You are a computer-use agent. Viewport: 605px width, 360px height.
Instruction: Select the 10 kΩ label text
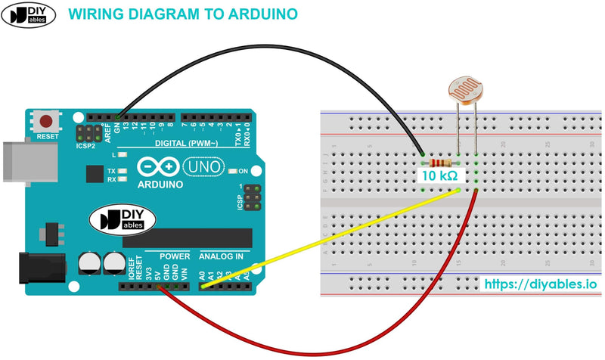coord(439,175)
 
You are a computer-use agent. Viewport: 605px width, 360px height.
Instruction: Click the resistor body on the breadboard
coord(439,163)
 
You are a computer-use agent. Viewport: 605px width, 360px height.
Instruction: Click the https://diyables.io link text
coord(540,284)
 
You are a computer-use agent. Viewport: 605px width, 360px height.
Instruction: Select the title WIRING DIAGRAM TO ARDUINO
coord(182,14)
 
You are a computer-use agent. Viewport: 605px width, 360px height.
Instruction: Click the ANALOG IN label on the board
coord(221,256)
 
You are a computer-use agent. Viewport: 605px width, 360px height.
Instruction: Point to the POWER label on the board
coord(175,256)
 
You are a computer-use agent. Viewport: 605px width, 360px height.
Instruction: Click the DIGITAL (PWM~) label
coord(186,143)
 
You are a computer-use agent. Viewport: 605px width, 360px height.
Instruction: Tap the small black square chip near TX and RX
coord(94,173)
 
